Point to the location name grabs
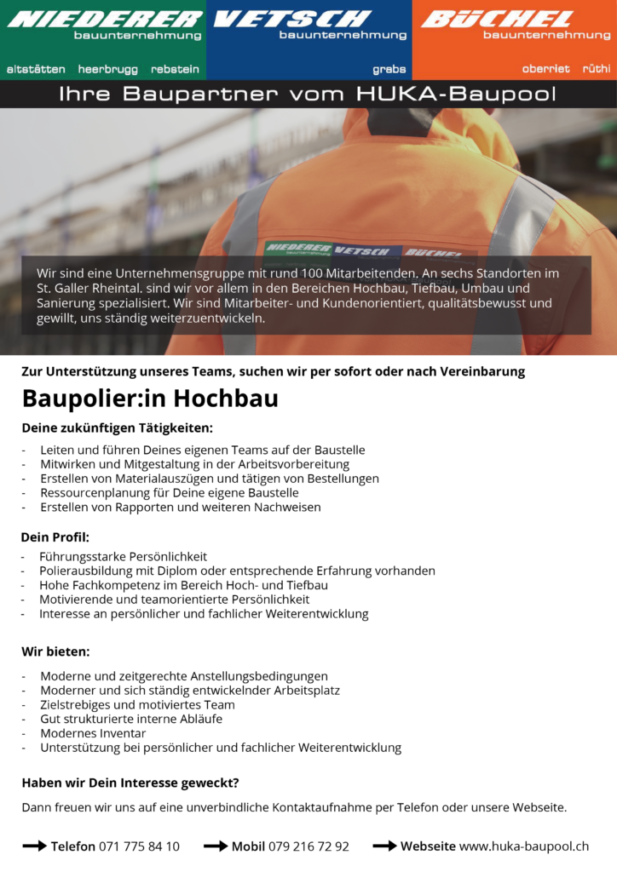389,69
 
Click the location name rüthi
596,69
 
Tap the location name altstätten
37,69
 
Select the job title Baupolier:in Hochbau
150,399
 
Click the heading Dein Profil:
55,537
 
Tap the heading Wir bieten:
55,651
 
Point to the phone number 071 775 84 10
139,846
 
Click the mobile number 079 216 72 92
308,846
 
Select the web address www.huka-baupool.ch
524,846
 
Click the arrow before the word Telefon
34,846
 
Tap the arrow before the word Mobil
216,846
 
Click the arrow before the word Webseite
385,846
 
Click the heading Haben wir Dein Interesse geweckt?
130,783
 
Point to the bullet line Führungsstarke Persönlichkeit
124,557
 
